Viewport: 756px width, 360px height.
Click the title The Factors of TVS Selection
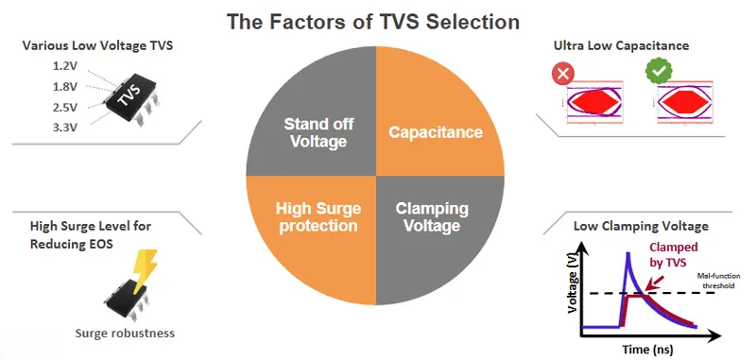[377, 20]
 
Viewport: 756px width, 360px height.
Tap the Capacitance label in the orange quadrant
[436, 132]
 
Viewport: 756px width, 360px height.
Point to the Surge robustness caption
[124, 334]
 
